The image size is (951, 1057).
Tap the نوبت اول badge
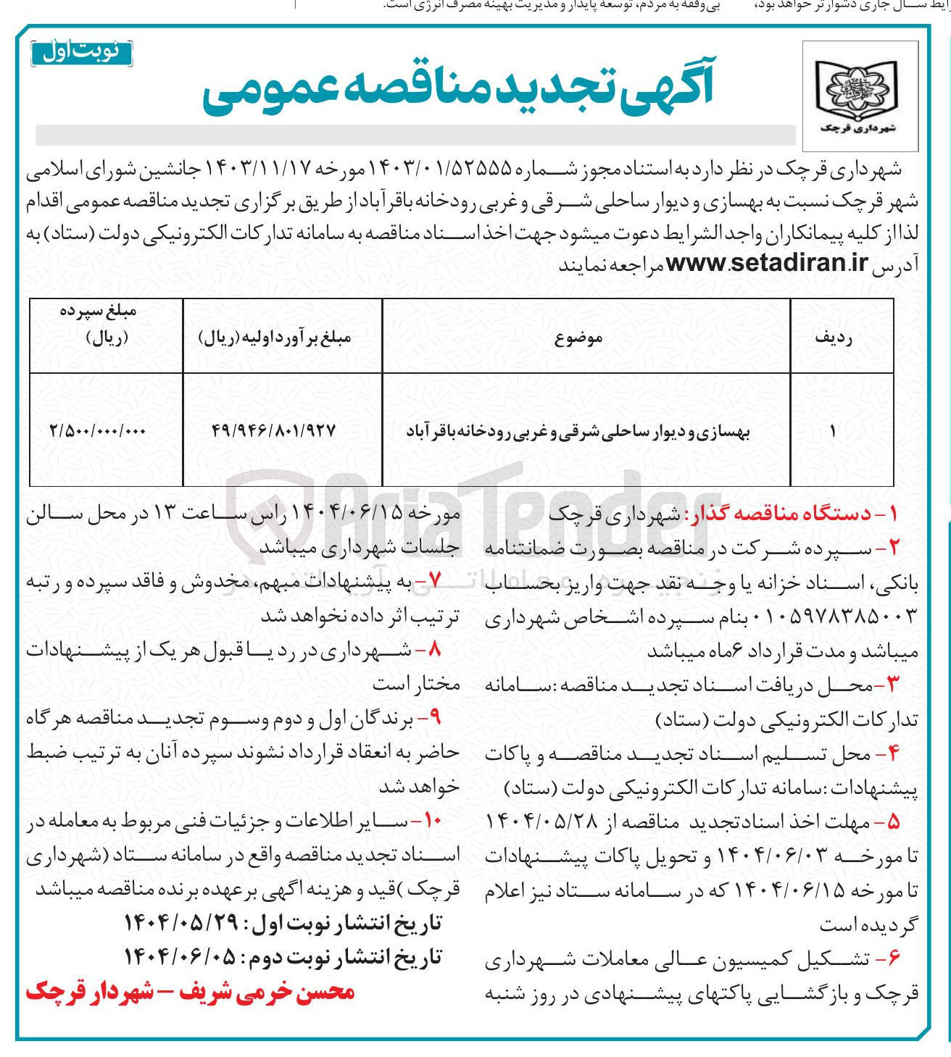pos(81,53)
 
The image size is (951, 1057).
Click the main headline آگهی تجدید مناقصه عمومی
pos(458,89)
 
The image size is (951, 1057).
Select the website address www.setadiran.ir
pos(767,263)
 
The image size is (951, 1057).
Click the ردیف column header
pos(834,338)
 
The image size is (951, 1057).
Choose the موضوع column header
pos(579,338)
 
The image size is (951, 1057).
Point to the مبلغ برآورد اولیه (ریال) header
pos(275,338)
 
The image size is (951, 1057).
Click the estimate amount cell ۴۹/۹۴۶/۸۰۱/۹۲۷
pos(275,431)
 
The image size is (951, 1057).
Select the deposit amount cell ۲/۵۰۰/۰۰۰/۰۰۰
pos(98,431)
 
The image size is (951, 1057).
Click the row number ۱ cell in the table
pos(834,431)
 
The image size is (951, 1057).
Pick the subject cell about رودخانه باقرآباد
pos(578,432)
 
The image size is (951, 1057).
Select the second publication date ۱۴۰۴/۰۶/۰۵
pos(181,957)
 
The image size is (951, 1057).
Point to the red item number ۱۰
pos(432,821)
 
